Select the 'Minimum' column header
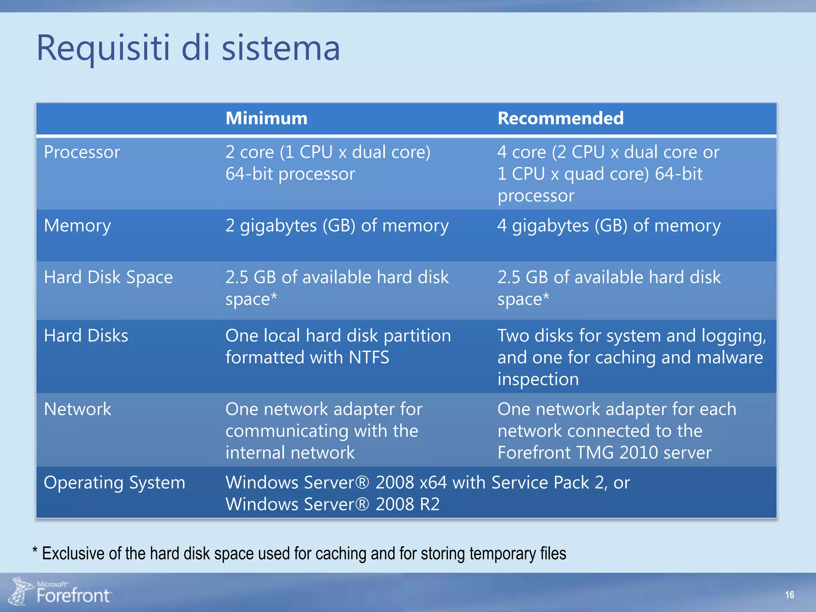pyautogui.click(x=266, y=118)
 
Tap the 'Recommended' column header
pyautogui.click(x=560, y=118)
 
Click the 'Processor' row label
pyautogui.click(x=82, y=152)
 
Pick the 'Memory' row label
pyautogui.click(x=77, y=226)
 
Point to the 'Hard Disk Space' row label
pyautogui.click(x=108, y=277)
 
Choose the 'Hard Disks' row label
pyautogui.click(x=86, y=335)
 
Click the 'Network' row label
pyautogui.click(x=77, y=409)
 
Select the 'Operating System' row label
pyautogui.click(x=114, y=483)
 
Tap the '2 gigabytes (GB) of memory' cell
pyautogui.click(x=337, y=226)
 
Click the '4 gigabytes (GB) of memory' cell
pyautogui.click(x=609, y=226)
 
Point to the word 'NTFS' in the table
pyautogui.click(x=369, y=357)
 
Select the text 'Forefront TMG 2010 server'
pyautogui.click(x=604, y=453)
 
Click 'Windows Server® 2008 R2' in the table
pyautogui.click(x=332, y=504)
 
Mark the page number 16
pyautogui.click(x=789, y=595)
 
